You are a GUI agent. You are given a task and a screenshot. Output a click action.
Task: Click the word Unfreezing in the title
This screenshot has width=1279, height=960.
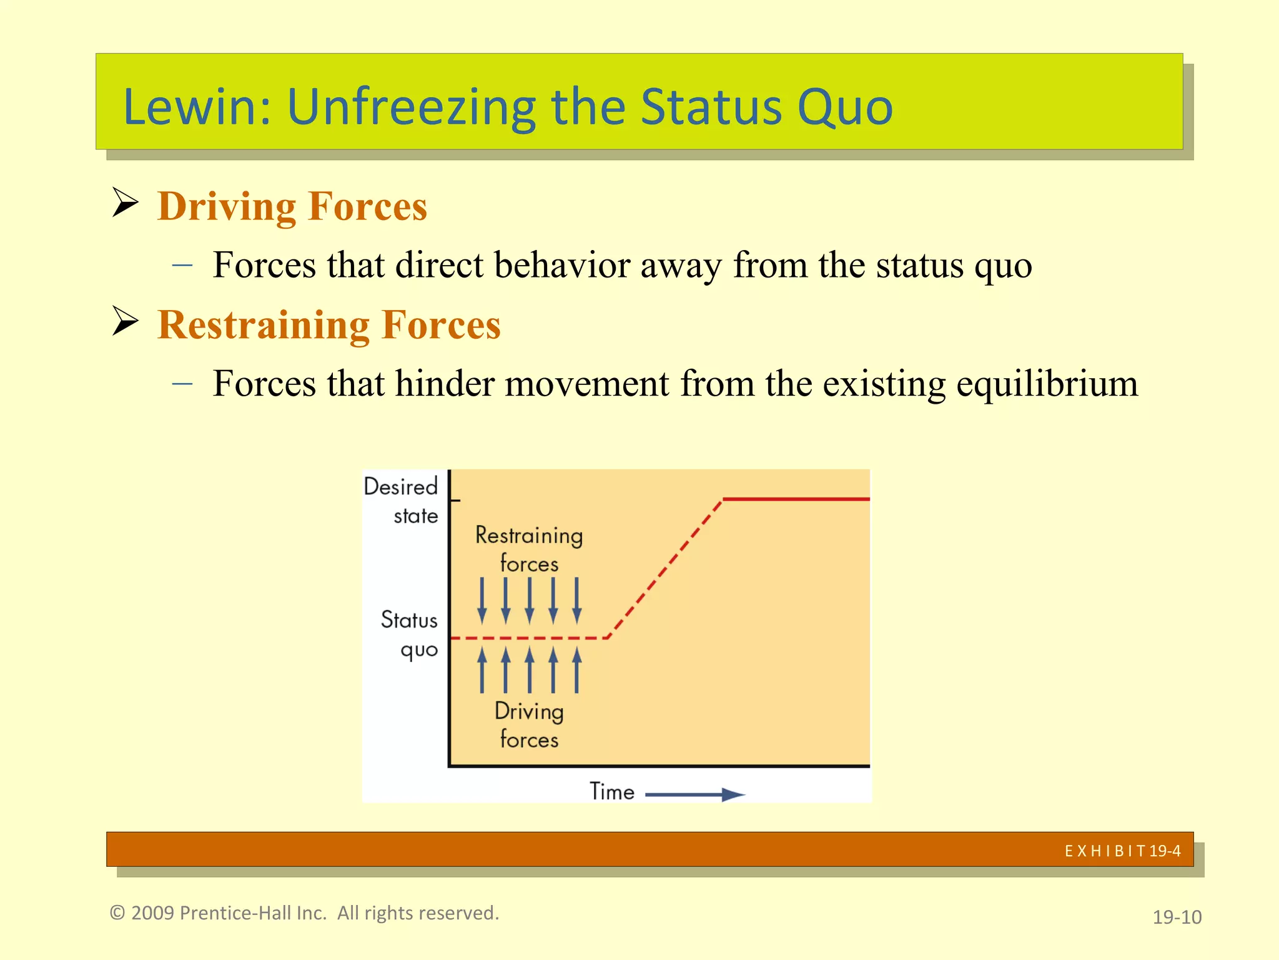point(411,107)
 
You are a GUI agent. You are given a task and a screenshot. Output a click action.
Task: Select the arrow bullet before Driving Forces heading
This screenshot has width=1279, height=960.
point(125,203)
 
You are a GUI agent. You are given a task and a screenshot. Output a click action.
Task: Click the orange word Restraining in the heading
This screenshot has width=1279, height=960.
point(264,325)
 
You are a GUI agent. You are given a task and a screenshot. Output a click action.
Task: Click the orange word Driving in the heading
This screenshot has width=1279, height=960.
point(226,206)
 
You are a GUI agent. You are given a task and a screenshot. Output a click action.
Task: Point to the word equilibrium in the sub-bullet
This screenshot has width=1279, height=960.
point(1047,384)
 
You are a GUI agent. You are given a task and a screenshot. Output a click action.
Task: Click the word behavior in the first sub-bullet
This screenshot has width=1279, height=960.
point(561,265)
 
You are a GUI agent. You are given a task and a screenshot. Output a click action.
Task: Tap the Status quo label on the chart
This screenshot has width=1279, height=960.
point(410,634)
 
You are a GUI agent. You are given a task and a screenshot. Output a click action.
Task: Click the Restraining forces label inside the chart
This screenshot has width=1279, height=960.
point(529,549)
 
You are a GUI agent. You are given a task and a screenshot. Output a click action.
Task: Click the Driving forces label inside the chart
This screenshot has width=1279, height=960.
point(529,726)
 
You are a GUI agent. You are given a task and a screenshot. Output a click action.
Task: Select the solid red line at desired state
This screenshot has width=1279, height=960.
point(796,499)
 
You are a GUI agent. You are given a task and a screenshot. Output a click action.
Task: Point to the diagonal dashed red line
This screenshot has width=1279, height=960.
point(665,568)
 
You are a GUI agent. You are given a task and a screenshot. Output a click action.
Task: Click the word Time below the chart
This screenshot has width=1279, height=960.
point(612,792)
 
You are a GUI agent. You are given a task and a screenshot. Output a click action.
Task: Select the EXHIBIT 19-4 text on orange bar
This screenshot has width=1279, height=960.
point(1122,851)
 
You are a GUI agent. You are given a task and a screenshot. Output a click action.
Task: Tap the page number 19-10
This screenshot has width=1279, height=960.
point(1177,917)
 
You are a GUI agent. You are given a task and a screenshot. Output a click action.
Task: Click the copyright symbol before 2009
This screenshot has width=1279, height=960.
point(117,913)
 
